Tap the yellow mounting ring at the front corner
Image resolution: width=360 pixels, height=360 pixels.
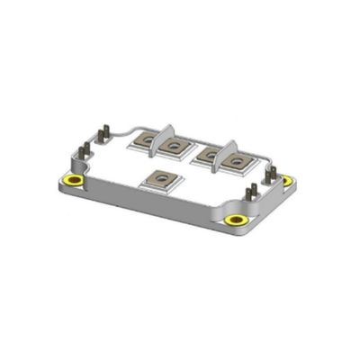coord(237,220)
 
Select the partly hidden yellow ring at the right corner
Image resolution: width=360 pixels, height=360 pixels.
coord(287,180)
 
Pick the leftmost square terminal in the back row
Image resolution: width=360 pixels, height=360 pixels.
coord(146,140)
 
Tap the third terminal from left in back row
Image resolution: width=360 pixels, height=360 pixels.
coord(209,155)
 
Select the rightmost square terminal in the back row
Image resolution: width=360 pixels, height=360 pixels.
coord(235,162)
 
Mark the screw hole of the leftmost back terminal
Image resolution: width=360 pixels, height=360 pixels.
coord(146,140)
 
